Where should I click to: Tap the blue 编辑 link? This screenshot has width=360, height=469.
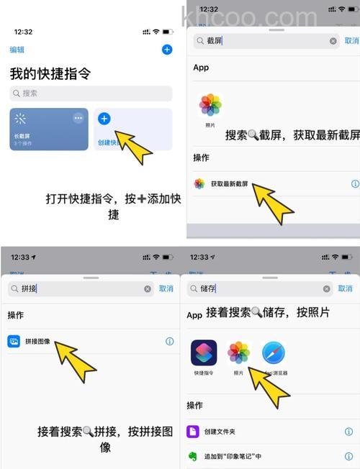[x=17, y=50]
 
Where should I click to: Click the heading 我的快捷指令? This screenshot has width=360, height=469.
[x=50, y=73]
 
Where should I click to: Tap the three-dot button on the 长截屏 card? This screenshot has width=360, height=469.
[x=78, y=118]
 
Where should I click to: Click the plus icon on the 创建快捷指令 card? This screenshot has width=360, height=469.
[x=104, y=119]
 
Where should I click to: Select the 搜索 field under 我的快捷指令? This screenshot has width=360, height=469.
[x=91, y=94]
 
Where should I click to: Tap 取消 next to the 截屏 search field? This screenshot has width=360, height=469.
[x=351, y=41]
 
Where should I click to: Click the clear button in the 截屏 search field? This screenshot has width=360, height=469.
[x=333, y=41]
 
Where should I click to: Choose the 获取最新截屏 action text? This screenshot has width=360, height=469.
[x=229, y=184]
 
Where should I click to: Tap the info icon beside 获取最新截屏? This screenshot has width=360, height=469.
[x=354, y=184]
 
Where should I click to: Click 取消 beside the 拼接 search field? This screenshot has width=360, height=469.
[x=166, y=288]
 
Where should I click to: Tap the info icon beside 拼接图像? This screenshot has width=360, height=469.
[x=170, y=341]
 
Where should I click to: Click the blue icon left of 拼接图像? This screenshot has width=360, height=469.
[x=14, y=341]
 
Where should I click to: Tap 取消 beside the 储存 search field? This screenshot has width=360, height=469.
[x=347, y=288]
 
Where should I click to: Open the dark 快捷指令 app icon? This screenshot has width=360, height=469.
[x=204, y=352]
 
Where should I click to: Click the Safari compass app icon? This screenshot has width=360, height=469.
[x=274, y=352]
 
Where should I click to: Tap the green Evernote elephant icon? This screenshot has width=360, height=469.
[x=193, y=456]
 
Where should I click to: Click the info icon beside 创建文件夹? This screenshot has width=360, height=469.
[x=348, y=432]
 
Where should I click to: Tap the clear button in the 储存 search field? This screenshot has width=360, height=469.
[x=328, y=288]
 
